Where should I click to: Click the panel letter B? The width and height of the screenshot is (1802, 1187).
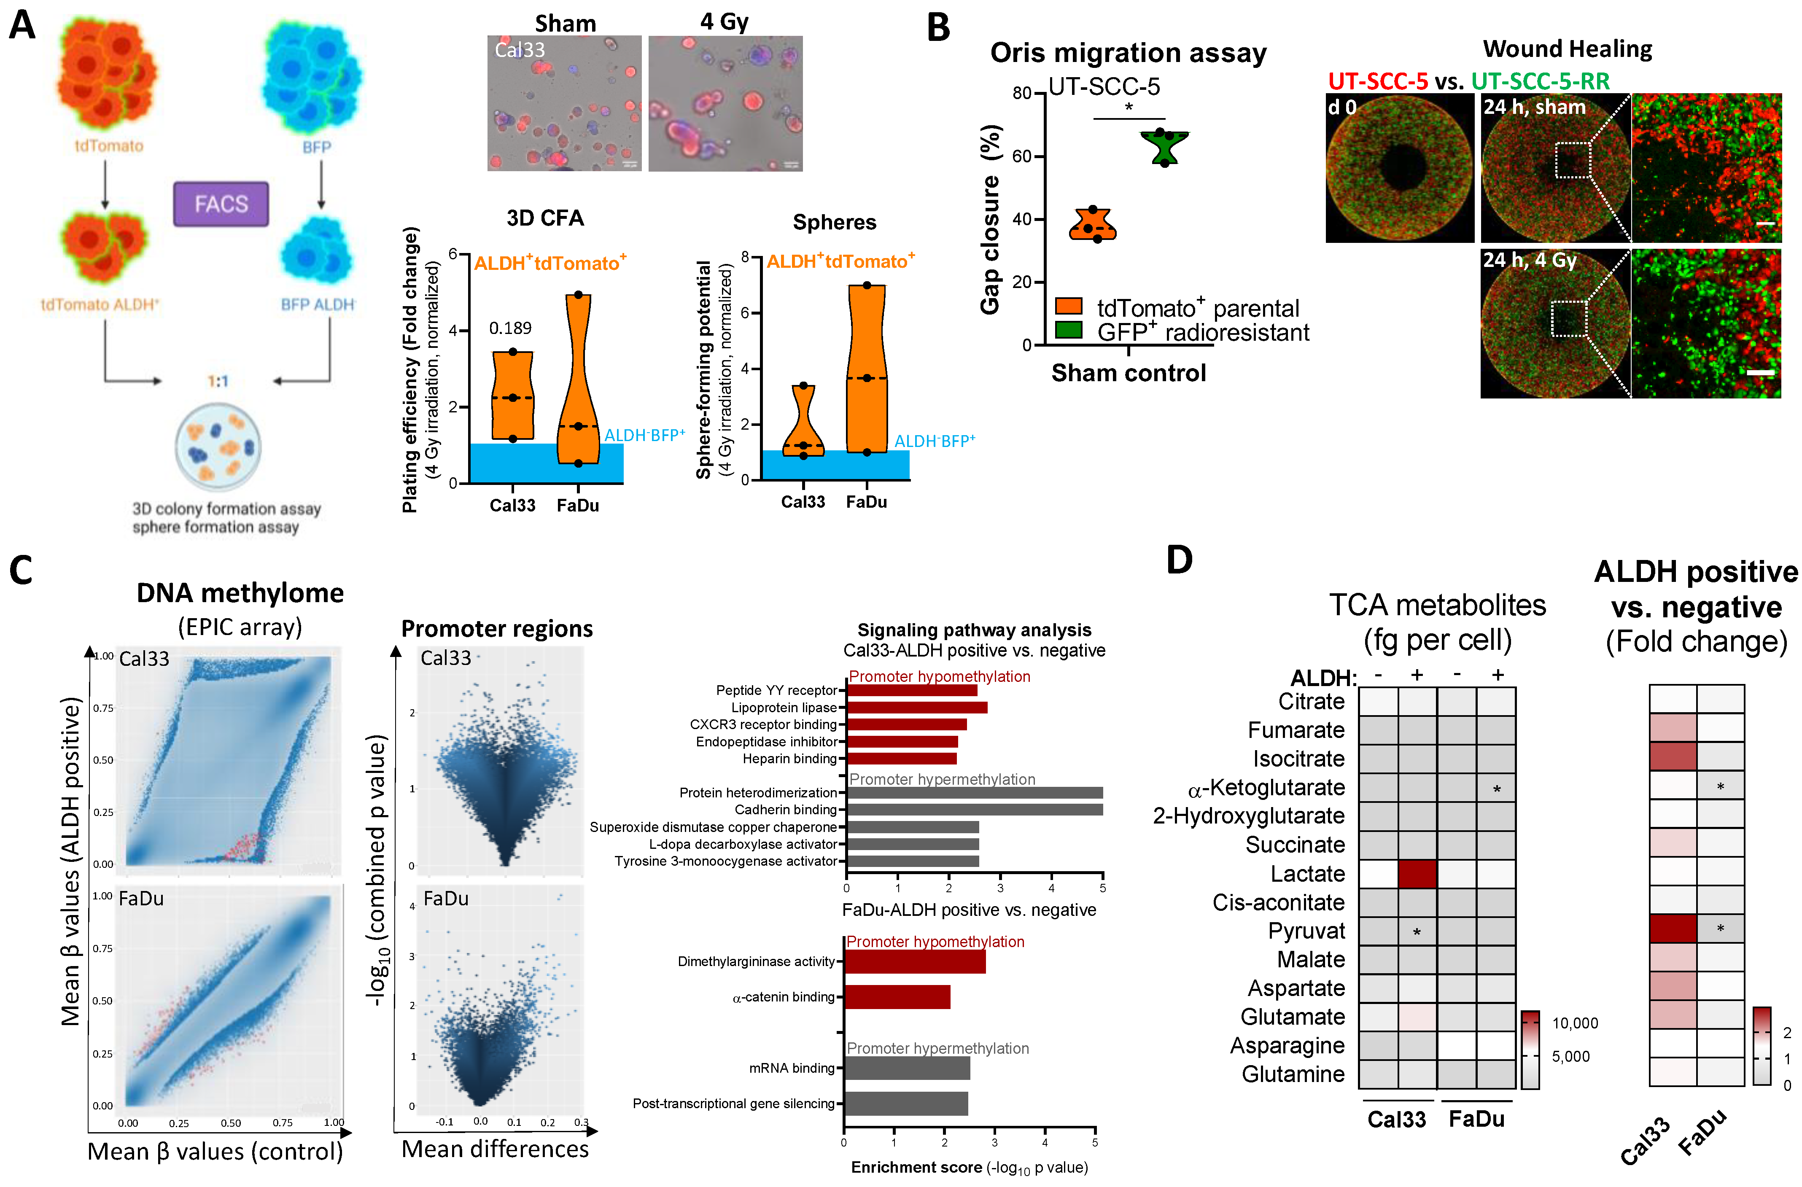[939, 28]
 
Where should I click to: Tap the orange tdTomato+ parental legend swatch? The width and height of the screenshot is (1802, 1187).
[1068, 306]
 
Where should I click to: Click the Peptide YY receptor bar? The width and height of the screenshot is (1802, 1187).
[912, 690]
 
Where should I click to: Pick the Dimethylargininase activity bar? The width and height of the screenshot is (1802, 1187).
[915, 961]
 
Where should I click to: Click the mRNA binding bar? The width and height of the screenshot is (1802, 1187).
[907, 1068]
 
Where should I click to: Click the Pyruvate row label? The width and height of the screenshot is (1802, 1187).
[1307, 931]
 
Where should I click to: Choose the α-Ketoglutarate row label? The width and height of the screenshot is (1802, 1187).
[1266, 788]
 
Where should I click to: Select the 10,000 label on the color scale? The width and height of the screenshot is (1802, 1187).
[1575, 1023]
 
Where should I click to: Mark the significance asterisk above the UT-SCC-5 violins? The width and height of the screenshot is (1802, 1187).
[1129, 108]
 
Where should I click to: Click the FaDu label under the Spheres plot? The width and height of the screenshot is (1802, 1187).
[866, 502]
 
